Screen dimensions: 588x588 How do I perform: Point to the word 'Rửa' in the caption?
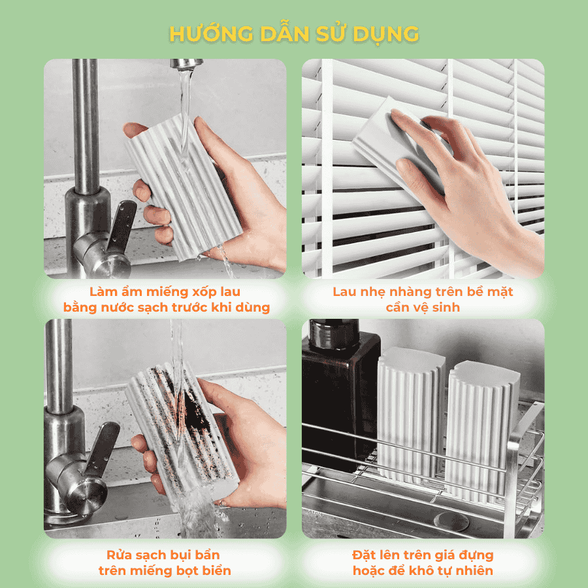pos(122,555)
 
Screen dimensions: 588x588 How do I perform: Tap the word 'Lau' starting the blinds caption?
pos(346,291)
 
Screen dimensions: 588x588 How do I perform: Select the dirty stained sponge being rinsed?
pos(176,434)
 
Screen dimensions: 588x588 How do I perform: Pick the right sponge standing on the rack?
pos(482,425)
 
